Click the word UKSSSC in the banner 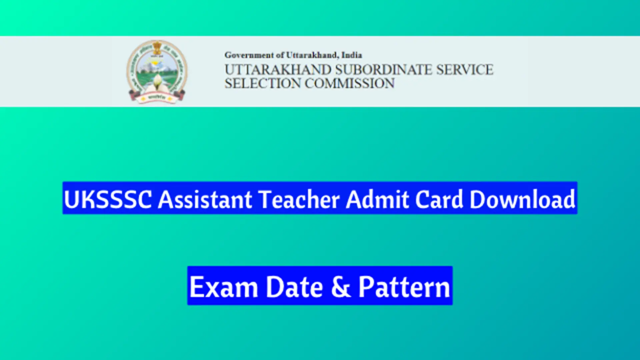point(107,199)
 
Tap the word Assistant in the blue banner point(205,199)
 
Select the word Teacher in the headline point(299,199)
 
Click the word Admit point(377,199)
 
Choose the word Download point(522,199)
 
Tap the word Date point(294,287)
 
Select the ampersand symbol point(341,287)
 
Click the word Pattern point(404,287)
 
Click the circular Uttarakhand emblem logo point(157,71)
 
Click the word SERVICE point(465,70)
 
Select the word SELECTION point(262,84)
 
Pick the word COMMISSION point(349,84)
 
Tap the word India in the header point(352,55)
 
